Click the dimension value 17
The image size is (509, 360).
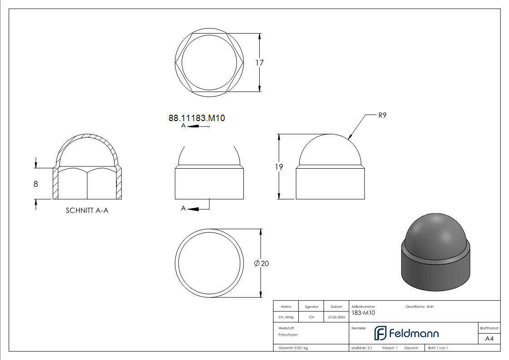pos(259,63)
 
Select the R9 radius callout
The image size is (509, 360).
pos(382,115)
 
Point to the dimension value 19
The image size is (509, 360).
pos(279,167)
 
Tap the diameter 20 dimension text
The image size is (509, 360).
pos(262,263)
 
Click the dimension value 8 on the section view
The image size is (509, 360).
pos(36,184)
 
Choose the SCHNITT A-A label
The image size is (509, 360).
pos(87,210)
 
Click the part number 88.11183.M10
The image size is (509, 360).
pos(197,118)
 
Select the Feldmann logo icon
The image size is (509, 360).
pos(380,333)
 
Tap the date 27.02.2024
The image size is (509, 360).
pos(336,317)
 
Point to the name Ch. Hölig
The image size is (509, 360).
pos(286,317)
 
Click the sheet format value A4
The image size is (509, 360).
pos(489,339)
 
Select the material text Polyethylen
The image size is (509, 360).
pos(288,335)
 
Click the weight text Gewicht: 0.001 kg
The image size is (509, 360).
pos(293,348)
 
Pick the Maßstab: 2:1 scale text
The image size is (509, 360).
pos(362,348)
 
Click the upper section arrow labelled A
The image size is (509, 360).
pos(193,126)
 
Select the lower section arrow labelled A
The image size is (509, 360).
pos(193,209)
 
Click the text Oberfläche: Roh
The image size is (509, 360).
pos(419,307)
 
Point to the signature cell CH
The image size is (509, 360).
pos(311,317)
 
